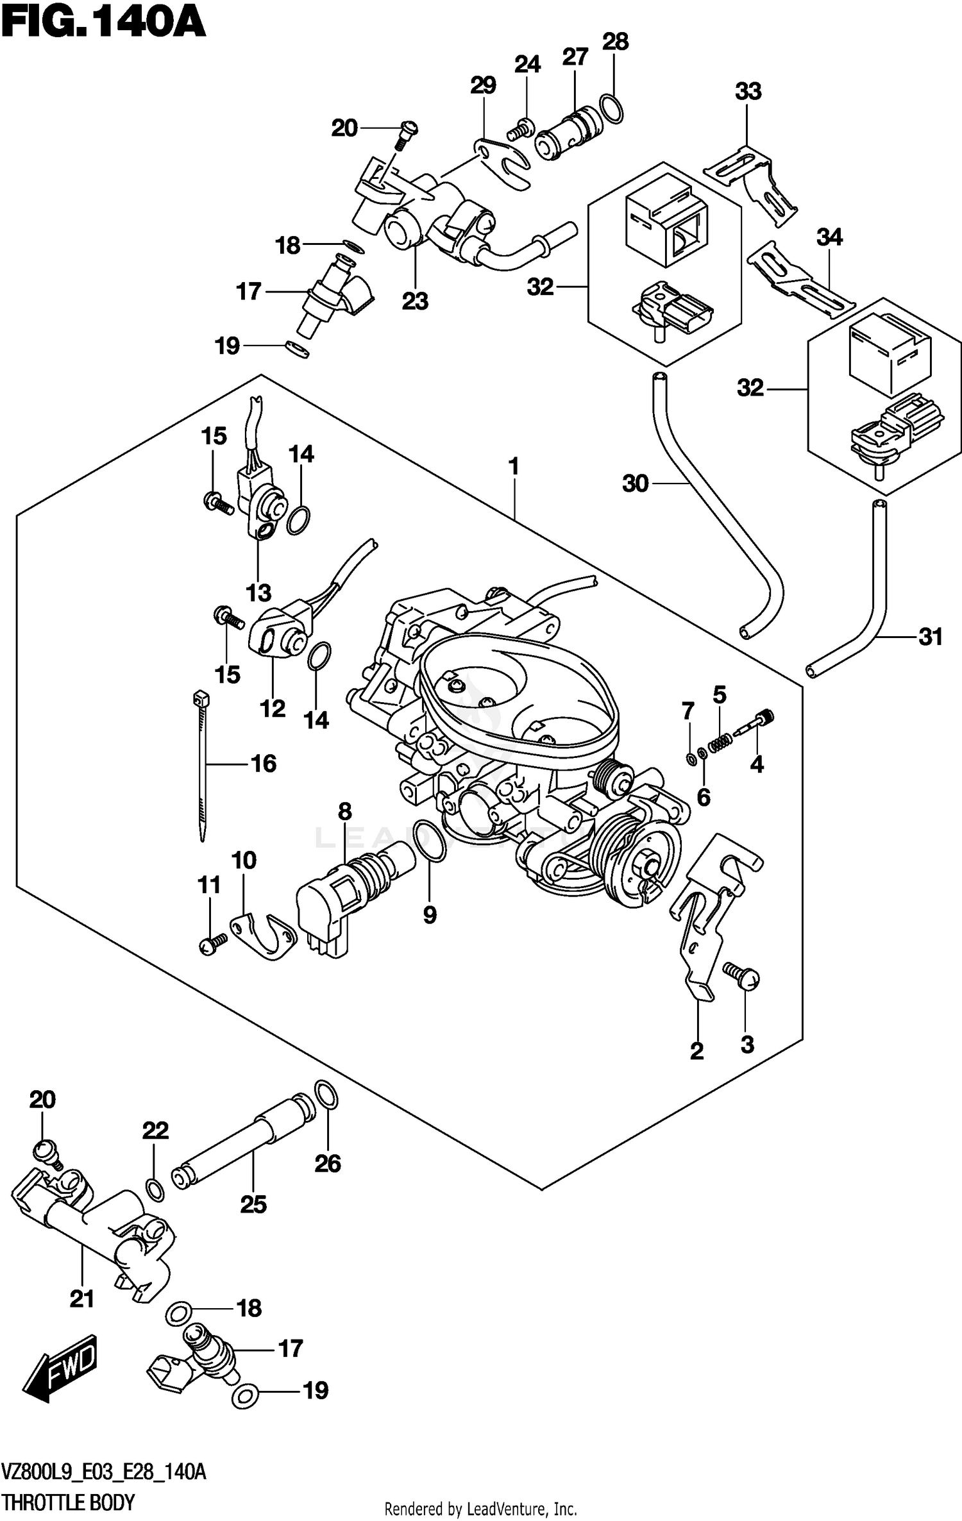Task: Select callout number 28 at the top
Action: click(x=615, y=42)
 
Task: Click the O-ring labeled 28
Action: click(x=612, y=108)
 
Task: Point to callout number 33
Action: click(x=748, y=92)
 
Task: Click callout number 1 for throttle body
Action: click(x=513, y=467)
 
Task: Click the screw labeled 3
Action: click(x=742, y=980)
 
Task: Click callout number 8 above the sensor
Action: click(x=345, y=812)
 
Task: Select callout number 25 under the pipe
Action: click(x=253, y=1204)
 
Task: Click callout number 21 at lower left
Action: click(x=82, y=1299)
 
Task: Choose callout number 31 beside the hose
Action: click(x=931, y=637)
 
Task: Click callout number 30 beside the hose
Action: click(x=636, y=483)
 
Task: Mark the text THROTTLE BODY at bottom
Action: click(x=69, y=1499)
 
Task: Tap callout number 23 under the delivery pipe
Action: click(x=415, y=301)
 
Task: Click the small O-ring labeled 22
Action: click(x=155, y=1189)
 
